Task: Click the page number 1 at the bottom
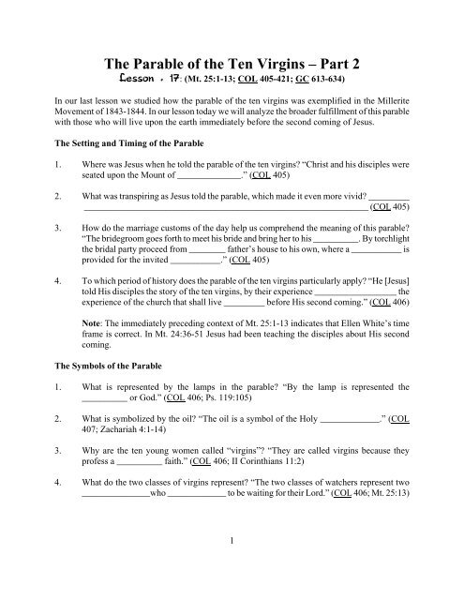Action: pos(232,568)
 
